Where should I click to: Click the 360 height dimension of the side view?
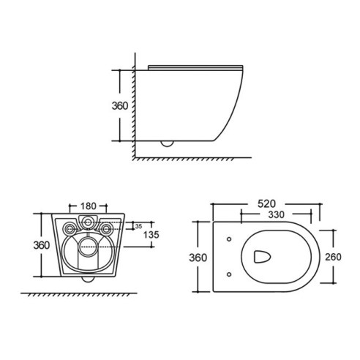[x=120, y=106]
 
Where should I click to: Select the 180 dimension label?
[x=89, y=206]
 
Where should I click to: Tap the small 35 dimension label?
[x=138, y=226]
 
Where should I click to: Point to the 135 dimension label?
[x=151, y=235]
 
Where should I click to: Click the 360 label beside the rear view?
[x=42, y=245]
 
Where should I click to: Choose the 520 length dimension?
[x=266, y=204]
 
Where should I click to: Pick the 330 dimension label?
[x=277, y=214]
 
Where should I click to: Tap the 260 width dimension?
[x=333, y=257]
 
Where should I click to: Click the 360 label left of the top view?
[x=198, y=258]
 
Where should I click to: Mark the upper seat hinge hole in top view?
[x=229, y=239]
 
